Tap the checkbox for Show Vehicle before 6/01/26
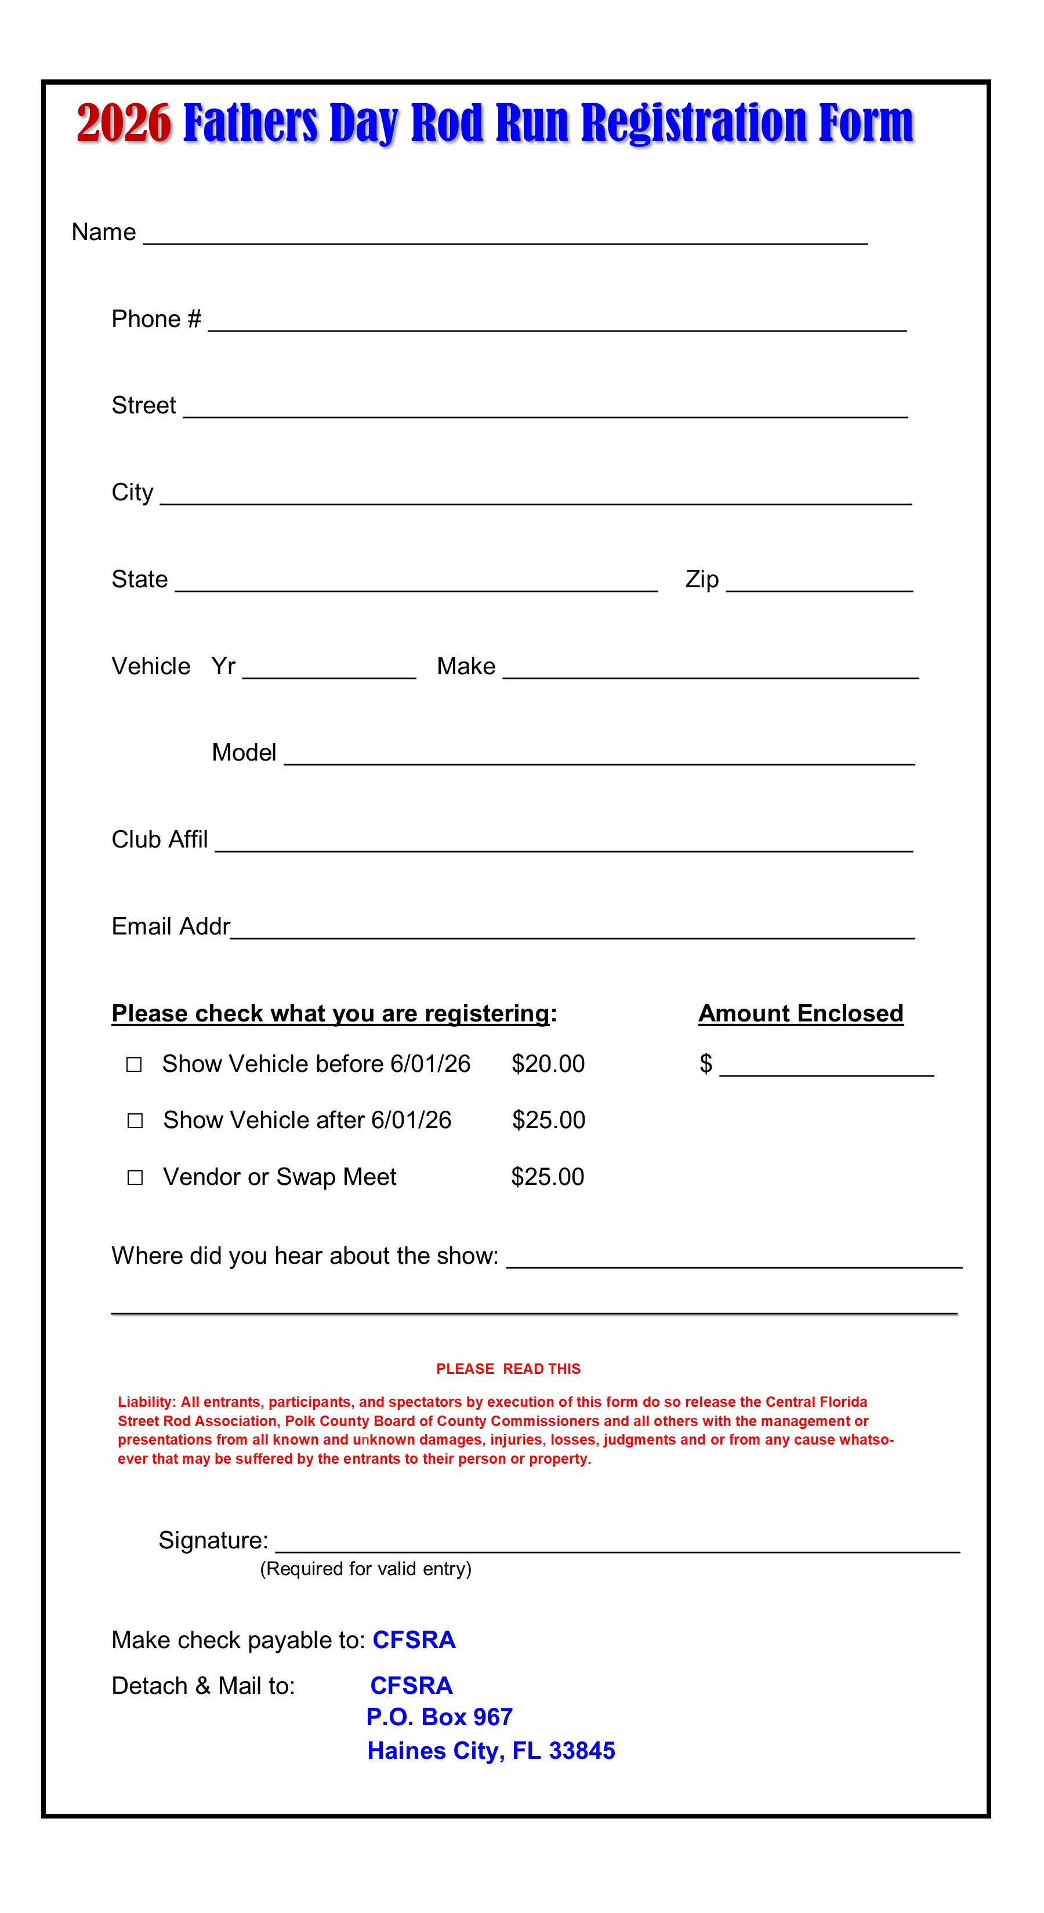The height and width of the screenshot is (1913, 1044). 134,1065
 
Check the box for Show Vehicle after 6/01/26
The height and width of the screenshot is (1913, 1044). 135,1121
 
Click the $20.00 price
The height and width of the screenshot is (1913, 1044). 548,1063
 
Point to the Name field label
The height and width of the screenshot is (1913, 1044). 103,232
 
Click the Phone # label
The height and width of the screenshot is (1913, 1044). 156,319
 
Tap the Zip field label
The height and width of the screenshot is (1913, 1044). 701,579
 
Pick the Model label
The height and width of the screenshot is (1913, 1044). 244,752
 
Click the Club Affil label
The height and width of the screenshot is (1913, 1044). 159,839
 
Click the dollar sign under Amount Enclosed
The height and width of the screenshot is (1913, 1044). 705,1063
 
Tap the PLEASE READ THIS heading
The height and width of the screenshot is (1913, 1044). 508,1369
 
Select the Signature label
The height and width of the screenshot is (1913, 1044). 212,1540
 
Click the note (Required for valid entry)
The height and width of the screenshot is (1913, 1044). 365,1569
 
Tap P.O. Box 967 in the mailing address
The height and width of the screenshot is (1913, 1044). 439,1717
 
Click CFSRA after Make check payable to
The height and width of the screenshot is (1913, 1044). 414,1640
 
